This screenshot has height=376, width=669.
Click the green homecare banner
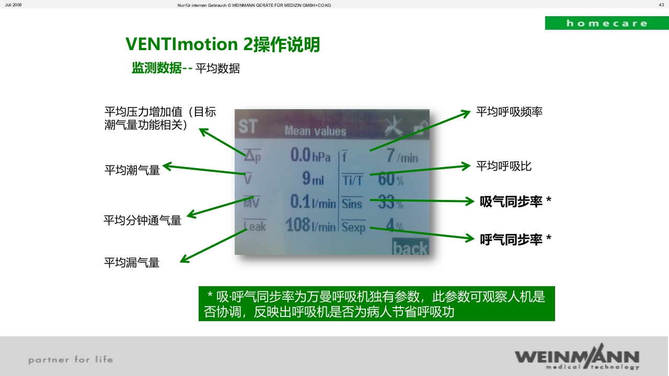pos(606,23)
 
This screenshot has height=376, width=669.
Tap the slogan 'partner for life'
pos(71,359)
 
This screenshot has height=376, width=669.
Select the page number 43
pos(661,5)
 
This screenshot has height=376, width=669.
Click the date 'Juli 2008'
pos(14,5)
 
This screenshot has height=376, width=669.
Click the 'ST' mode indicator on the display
pos(248,127)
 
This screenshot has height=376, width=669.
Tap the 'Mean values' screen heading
pos(315,131)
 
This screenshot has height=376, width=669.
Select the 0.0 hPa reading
pos(310,155)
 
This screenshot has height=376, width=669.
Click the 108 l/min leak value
pos(310,226)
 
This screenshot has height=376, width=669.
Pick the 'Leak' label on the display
pos(255,226)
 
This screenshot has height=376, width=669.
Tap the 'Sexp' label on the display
pos(354,227)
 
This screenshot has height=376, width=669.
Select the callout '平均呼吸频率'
pos(509,112)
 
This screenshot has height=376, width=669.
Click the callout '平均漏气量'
pos(132,262)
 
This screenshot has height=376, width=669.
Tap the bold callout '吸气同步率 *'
pos(515,202)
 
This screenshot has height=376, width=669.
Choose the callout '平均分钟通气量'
pos(142,220)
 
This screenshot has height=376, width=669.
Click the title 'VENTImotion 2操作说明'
pos(223,45)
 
